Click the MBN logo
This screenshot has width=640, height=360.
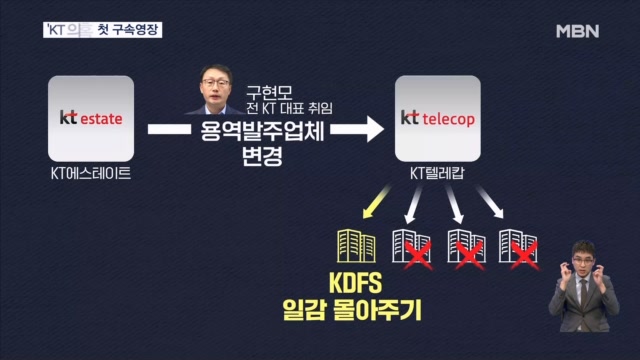coord(577,31)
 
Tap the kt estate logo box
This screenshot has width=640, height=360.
coord(90,118)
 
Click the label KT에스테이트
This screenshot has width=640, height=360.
coord(91,173)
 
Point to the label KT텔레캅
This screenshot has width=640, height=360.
coord(438,173)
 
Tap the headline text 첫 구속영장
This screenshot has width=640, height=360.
coord(126,30)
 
